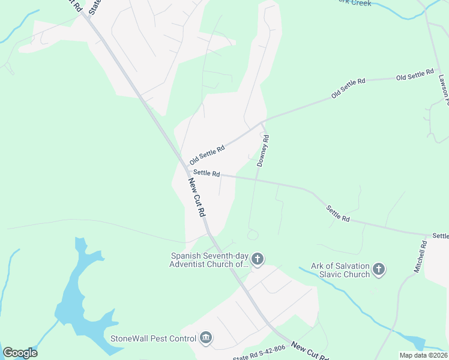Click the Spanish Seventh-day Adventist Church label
(209, 259)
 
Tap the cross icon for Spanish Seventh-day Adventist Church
(257, 259)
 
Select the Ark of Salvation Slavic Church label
(340, 270)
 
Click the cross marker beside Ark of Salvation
(378, 269)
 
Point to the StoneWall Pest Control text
(154, 338)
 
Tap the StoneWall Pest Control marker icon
(206, 338)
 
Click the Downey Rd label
(263, 151)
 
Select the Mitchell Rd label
(420, 257)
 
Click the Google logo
(20, 353)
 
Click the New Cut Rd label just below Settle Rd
(197, 197)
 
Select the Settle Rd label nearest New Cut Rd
(207, 173)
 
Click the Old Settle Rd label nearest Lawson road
(415, 75)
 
